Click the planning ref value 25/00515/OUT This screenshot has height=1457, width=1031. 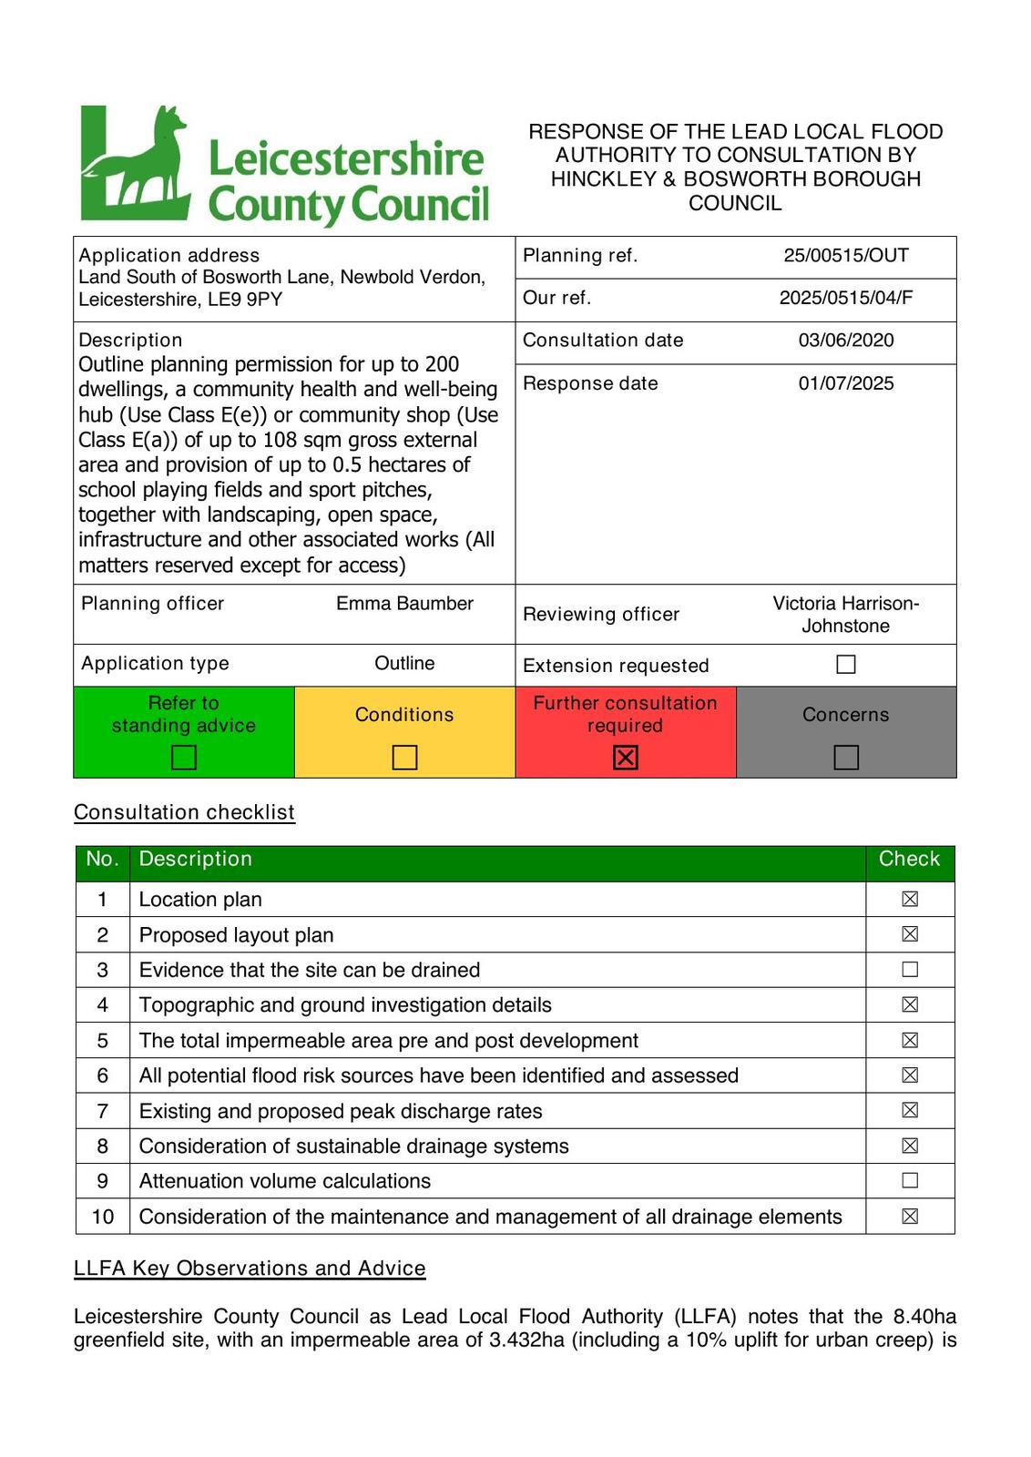pos(846,256)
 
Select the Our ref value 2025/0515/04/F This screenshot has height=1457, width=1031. pos(846,298)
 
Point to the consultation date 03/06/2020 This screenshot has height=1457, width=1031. pos(846,341)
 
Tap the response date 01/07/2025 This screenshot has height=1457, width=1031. pos(846,383)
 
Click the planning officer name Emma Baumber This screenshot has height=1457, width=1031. pos(404,604)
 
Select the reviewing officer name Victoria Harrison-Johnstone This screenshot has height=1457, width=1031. pos(846,615)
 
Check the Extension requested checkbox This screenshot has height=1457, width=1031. pos(846,665)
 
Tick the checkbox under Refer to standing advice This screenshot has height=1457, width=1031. pos(184,757)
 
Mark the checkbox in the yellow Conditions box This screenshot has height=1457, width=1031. pos(404,757)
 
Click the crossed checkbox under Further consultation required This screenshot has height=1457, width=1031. pos(626,757)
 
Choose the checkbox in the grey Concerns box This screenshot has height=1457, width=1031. pos(846,757)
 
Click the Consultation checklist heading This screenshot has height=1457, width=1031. pos(184,812)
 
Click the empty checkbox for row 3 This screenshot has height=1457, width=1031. pos(910,970)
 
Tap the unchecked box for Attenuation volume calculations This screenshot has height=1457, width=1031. pos(910,1181)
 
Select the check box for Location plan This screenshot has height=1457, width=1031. pos(910,900)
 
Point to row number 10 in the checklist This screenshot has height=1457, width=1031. pos(103,1217)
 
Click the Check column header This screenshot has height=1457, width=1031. pos(909,860)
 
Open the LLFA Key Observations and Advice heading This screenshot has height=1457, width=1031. pos(250,1269)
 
